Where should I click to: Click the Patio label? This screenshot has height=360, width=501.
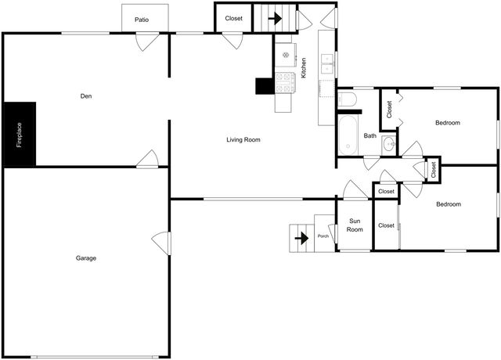pos(142,20)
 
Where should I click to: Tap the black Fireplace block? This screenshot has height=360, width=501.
pos(20,134)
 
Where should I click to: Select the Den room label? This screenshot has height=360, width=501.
pos(86,97)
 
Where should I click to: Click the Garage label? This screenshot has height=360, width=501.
pos(86,257)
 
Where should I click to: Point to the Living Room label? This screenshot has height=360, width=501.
pos(243,140)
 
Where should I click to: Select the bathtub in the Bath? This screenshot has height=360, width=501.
pos(348,135)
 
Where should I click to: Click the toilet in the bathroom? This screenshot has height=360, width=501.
pos(347,99)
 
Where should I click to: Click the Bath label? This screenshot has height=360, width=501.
pos(370,135)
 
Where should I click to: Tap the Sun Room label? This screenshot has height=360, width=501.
pos(355,225)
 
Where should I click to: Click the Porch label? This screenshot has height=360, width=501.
pos(323,236)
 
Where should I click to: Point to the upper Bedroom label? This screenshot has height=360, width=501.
pos(448,123)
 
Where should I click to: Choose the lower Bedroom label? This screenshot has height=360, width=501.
pos(448,204)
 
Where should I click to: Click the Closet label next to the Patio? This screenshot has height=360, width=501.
pos(233,18)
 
